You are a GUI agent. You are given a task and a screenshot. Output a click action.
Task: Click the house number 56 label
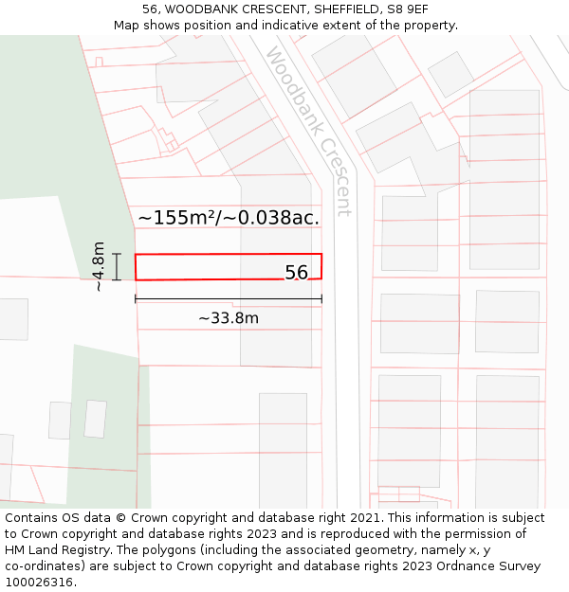point(297,273)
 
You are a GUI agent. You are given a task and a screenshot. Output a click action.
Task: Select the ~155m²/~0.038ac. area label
point(228,217)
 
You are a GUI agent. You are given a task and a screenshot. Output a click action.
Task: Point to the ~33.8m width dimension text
point(229,318)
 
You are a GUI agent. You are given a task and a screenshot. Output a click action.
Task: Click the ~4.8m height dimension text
point(99,266)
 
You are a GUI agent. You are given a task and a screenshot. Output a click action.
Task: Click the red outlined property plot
point(209,267)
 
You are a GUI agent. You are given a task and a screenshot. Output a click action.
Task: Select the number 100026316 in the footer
point(40,583)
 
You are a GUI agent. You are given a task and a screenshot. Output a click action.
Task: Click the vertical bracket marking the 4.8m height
point(117,267)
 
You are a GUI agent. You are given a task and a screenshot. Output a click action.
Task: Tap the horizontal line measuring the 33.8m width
point(229,299)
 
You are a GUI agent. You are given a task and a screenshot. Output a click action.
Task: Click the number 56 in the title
point(150,9)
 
